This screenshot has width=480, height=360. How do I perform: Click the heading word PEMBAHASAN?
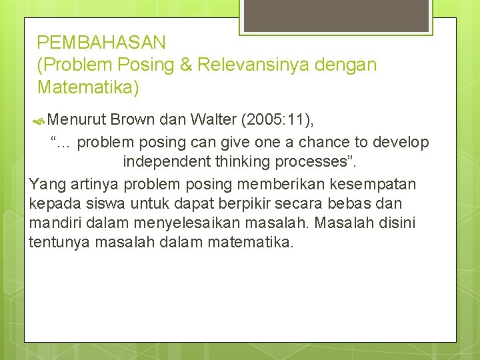pyautogui.click(x=101, y=43)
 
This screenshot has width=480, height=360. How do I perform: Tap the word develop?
pyautogui.click(x=401, y=143)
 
